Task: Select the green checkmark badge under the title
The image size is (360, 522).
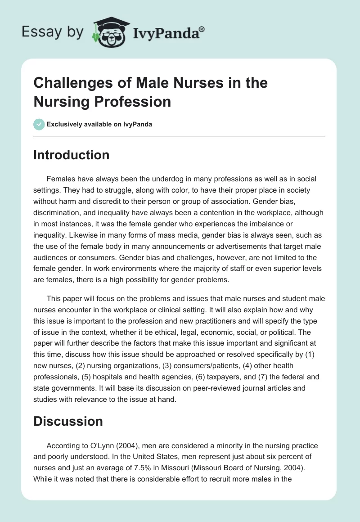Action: (39, 124)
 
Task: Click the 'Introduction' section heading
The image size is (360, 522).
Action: (71, 155)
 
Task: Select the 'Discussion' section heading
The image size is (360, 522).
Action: (68, 421)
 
